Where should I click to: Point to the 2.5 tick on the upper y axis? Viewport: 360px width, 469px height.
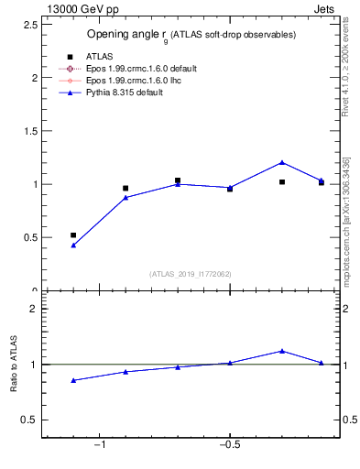[x=29, y=25]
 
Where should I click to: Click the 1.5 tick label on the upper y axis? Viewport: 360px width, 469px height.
[x=29, y=131]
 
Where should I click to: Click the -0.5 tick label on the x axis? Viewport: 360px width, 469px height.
[x=229, y=445]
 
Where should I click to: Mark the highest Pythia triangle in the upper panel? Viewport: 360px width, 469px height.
[x=282, y=162]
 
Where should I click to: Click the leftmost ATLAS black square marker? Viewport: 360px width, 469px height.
[x=73, y=235]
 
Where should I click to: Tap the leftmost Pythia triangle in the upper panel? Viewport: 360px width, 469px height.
[x=73, y=245]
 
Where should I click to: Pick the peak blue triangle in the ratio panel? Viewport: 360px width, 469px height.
[x=282, y=351]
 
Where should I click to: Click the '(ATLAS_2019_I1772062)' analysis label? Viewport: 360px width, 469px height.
[x=191, y=273]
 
